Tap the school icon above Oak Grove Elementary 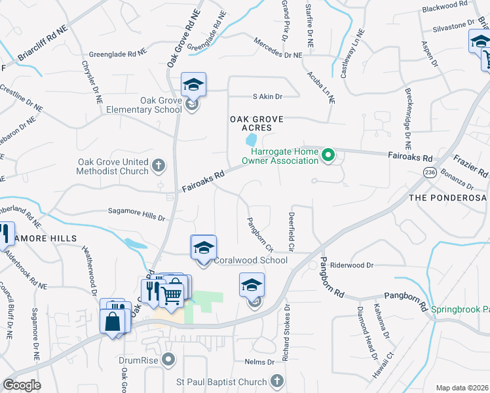[193, 85]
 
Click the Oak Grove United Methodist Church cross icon [158, 166]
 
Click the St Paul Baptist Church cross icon [277, 381]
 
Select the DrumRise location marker [170, 360]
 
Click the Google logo [22, 385]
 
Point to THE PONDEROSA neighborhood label [449, 197]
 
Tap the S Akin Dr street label [267, 96]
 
